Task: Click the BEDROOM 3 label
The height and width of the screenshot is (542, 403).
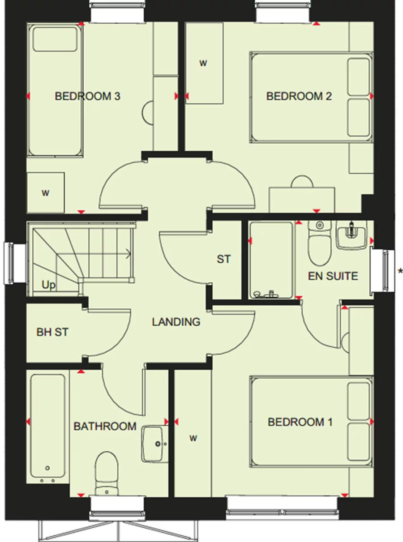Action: [87, 96]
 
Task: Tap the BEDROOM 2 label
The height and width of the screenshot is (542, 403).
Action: [299, 96]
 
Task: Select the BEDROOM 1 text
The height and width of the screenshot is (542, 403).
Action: [300, 422]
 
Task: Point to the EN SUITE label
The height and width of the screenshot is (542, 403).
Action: [333, 276]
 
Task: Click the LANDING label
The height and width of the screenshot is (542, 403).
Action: [176, 322]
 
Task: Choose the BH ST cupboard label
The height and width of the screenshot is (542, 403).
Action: [52, 332]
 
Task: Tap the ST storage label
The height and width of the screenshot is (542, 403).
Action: [223, 259]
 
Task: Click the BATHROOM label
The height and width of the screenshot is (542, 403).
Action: [105, 426]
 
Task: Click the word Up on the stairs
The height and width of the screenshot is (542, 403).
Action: [49, 285]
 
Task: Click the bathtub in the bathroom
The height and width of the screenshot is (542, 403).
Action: [48, 427]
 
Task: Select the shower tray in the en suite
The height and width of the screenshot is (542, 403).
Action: [270, 260]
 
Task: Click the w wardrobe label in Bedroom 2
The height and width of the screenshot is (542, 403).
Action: [203, 64]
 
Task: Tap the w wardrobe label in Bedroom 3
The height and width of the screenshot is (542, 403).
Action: [45, 193]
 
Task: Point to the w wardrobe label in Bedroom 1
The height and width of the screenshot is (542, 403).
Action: [193, 438]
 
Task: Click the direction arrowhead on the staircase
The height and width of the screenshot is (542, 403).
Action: [129, 254]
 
